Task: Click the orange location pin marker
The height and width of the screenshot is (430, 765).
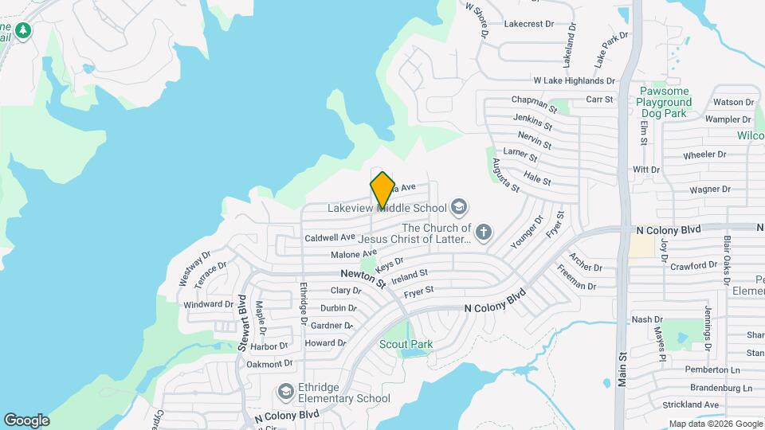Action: pos(382,189)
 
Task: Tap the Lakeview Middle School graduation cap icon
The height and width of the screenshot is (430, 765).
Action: pos(458,209)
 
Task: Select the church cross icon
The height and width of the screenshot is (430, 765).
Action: pos(483,233)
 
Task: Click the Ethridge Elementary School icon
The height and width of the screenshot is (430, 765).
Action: pos(285,392)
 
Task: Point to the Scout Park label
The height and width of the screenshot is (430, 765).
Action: pos(406,344)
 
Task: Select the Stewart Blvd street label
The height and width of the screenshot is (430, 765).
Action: pos(241,322)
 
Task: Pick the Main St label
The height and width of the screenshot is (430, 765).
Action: pos(622,363)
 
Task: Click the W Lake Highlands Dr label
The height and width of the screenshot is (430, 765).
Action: pos(574,80)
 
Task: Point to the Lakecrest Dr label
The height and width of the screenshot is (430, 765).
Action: pos(528,24)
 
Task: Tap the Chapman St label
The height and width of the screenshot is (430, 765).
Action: pos(534,103)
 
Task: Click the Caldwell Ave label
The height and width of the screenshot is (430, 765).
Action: pos(330,237)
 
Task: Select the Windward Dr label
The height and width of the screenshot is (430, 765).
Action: pos(208,304)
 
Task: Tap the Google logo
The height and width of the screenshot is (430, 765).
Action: pos(26,420)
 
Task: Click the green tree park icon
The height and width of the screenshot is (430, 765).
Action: pos(24,30)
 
